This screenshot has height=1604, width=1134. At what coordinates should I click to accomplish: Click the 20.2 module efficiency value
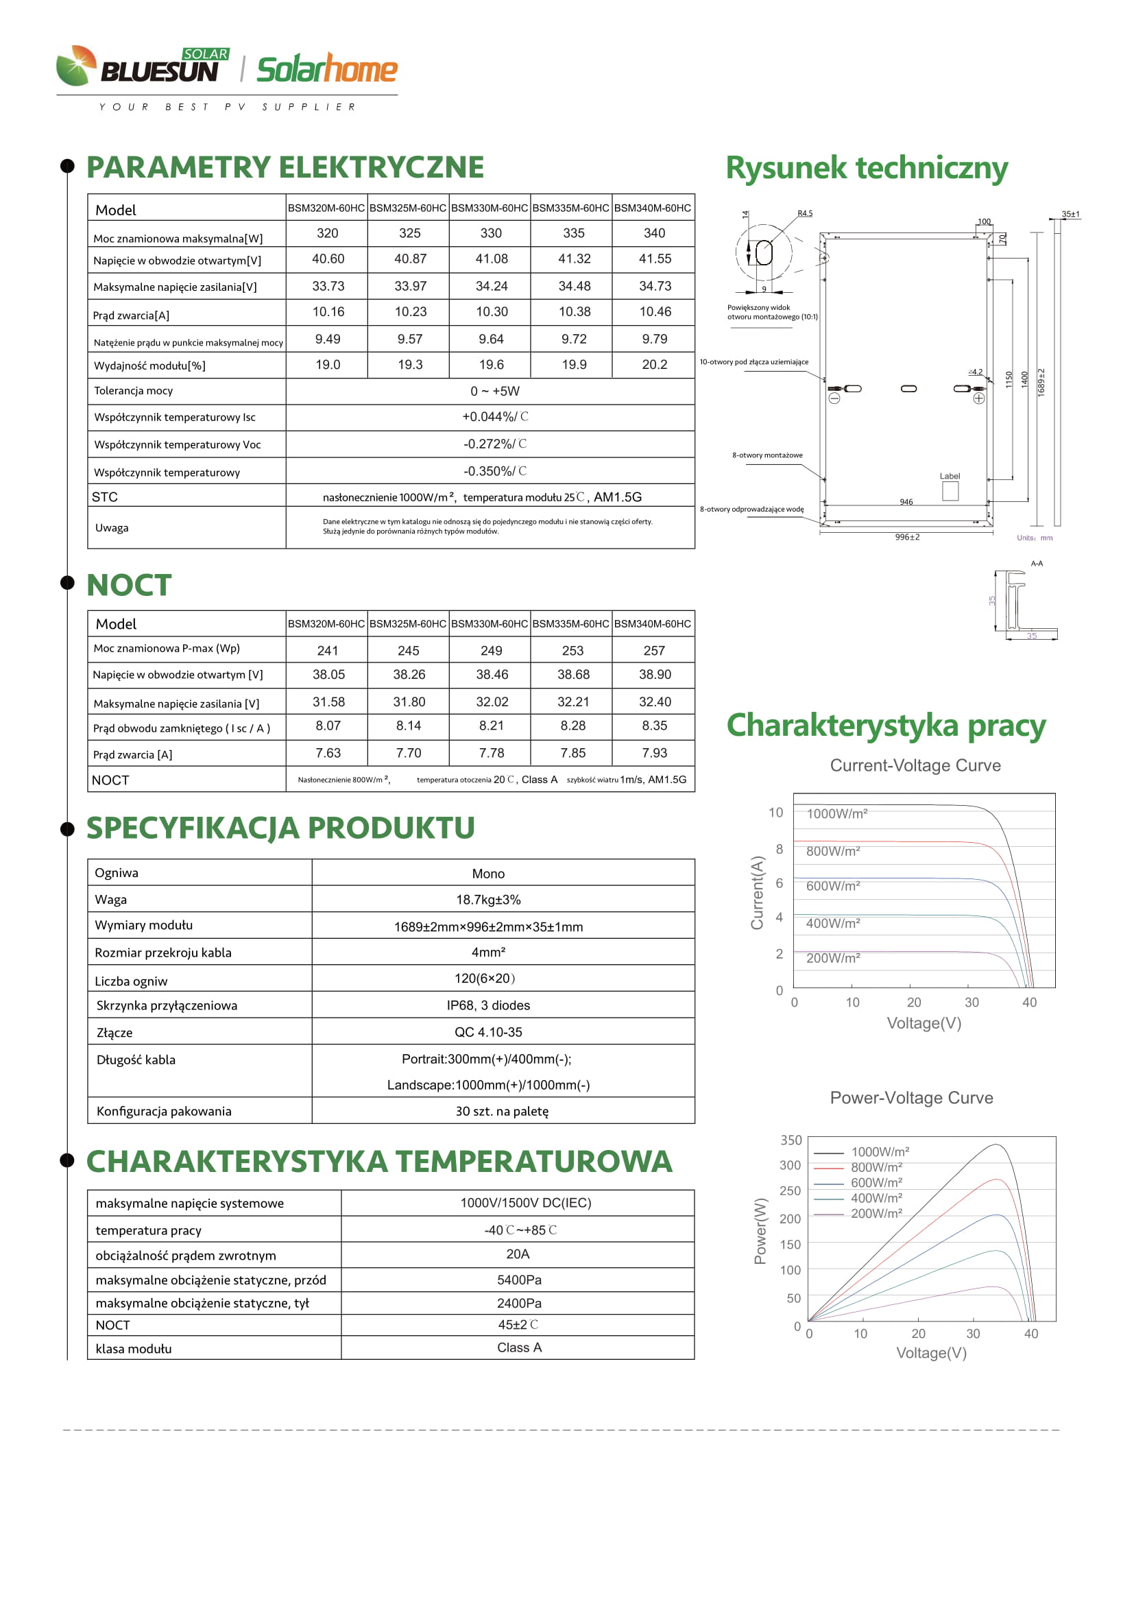[654, 365]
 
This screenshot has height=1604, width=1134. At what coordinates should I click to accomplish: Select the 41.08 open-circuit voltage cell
[492, 259]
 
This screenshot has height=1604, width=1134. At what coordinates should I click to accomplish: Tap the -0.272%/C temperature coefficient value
[494, 444]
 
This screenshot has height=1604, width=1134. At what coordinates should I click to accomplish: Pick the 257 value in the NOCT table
[653, 650]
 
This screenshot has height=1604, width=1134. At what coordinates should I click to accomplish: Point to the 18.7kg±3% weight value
[488, 900]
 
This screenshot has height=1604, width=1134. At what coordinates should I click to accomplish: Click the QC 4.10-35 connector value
[488, 1032]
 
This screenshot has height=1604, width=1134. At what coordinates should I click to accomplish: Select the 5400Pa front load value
[519, 1280]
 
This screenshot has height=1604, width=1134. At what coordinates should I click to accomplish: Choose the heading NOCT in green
[129, 585]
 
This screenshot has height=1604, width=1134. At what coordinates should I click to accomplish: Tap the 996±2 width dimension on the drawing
[907, 537]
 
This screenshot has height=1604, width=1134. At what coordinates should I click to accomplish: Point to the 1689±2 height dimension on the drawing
[1041, 383]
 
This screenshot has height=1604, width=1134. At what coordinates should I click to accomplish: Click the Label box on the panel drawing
[950, 490]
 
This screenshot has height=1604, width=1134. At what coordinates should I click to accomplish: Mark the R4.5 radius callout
[804, 214]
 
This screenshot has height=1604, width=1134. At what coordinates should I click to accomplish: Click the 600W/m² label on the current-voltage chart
[833, 886]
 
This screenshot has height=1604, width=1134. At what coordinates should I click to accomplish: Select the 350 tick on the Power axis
[791, 1140]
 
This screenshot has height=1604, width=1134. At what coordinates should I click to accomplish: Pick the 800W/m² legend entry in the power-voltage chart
[876, 1167]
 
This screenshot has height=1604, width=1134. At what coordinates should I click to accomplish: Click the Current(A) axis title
[757, 892]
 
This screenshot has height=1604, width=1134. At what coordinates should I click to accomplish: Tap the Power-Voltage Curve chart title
[911, 1097]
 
